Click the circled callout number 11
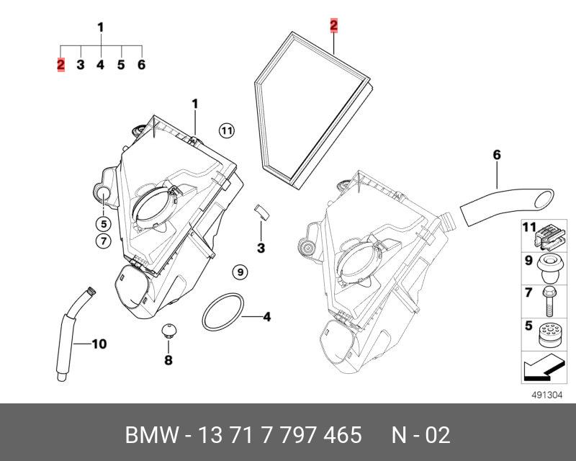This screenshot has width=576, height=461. click(227, 130)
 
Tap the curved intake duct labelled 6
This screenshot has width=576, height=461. click(504, 199)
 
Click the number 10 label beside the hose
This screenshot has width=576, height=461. click(99, 344)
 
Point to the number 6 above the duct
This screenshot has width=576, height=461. click(497, 155)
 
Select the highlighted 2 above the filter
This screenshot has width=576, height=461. click(334, 27)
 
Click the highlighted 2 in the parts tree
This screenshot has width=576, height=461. click(61, 65)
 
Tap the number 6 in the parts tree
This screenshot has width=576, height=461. click(141, 65)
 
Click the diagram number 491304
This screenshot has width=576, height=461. click(544, 395)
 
